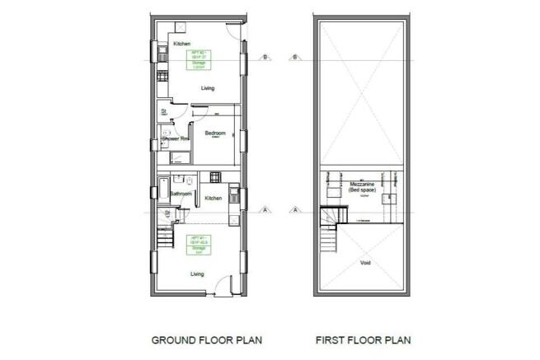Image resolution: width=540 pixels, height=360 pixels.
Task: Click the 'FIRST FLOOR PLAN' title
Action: point(363,339)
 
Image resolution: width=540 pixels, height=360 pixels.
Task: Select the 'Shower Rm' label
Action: point(176,138)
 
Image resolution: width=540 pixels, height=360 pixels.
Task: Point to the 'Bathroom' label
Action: point(181,194)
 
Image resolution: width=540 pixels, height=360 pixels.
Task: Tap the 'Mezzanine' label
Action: point(364,183)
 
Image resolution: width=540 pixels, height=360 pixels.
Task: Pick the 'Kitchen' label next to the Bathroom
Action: point(214,199)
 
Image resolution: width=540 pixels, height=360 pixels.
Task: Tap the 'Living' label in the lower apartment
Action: point(198,274)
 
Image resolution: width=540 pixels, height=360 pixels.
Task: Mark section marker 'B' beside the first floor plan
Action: point(294,57)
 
